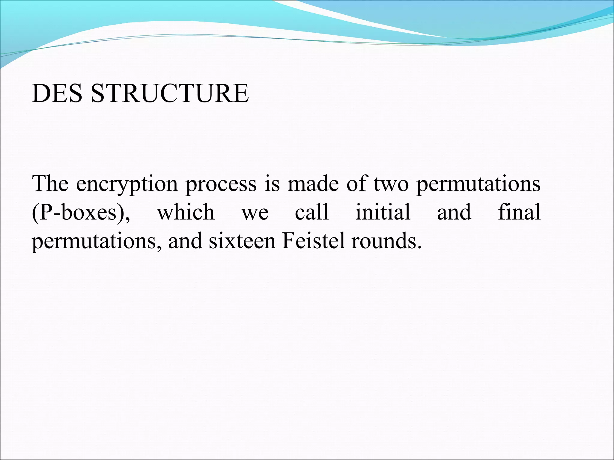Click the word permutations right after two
pyautogui.click(x=478, y=184)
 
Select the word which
pyautogui.click(x=186, y=212)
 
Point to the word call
pyautogui.click(x=312, y=212)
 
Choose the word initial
pyautogui.click(x=383, y=212)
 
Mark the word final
pyautogui.click(x=519, y=212)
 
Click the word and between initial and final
pyautogui.click(x=454, y=212)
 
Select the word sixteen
pyautogui.click(x=242, y=241)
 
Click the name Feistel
pyautogui.click(x=313, y=241)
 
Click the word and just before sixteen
pyautogui.click(x=185, y=241)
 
